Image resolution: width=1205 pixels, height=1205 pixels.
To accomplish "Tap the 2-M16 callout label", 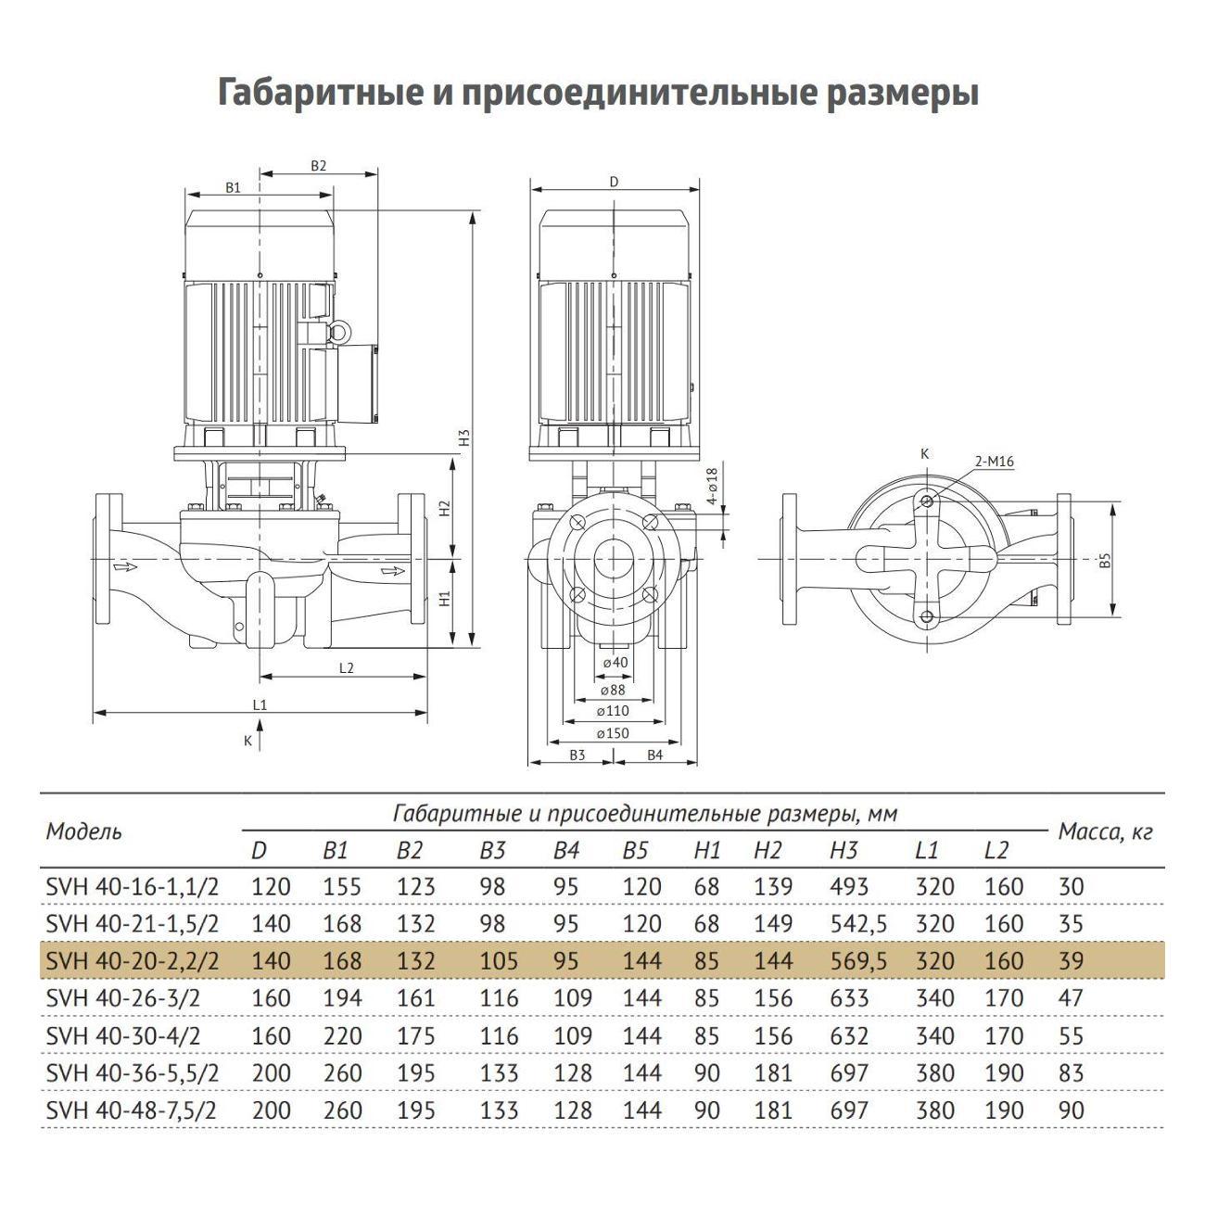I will pos(994,462).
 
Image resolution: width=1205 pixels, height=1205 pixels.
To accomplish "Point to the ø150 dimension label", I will pos(613,733).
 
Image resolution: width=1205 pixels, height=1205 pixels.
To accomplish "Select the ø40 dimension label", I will pos(614,663).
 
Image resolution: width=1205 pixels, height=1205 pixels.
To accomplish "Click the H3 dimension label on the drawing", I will pos(465,438).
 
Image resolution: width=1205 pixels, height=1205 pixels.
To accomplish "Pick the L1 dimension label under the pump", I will pos(260,704).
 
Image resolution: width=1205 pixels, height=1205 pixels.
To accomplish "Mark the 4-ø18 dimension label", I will pos(712,485).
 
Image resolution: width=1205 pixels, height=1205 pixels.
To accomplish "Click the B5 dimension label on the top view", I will pos(1104,560).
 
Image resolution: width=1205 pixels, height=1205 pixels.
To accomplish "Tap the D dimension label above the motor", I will pos(614,183).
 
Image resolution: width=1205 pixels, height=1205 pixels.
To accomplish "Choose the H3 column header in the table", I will pos(844,850).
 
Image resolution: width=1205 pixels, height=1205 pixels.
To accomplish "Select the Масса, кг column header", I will pos(1105,832).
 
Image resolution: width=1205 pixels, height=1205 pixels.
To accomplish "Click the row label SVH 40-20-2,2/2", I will pos(133,961).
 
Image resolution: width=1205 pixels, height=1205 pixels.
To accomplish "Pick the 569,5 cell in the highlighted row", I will pos(856,961).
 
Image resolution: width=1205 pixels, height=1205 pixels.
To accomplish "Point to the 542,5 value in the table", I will pos(856,924).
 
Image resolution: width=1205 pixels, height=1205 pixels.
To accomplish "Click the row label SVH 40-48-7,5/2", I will pos(131,1110).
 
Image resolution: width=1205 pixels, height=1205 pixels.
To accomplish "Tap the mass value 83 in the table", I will pos(1071,1073).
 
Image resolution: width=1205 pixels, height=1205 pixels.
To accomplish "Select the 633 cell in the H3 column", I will pos(850,999).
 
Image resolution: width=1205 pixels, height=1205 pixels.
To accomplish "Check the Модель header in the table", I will pos(83,831).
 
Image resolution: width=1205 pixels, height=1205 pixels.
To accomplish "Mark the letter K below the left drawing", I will pos(247,741).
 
